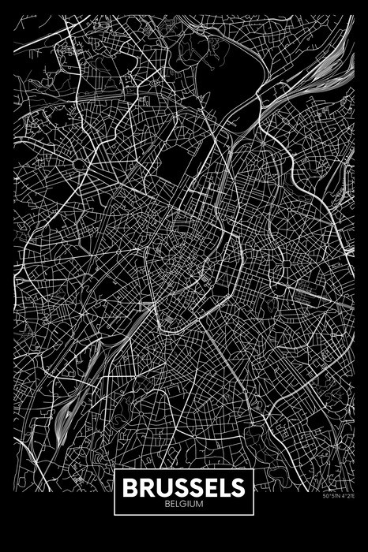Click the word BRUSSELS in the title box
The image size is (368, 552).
pyautogui.click(x=183, y=486)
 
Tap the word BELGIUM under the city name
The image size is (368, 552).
pyautogui.click(x=183, y=502)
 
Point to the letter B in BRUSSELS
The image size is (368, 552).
pyautogui.click(x=130, y=486)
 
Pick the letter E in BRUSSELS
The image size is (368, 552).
pyautogui.click(x=207, y=486)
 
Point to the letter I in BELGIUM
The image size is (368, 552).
pyautogui.click(x=187, y=502)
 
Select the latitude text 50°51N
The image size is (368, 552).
pyautogui.click(x=331, y=496)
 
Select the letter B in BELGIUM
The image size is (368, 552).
pyautogui.click(x=167, y=502)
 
